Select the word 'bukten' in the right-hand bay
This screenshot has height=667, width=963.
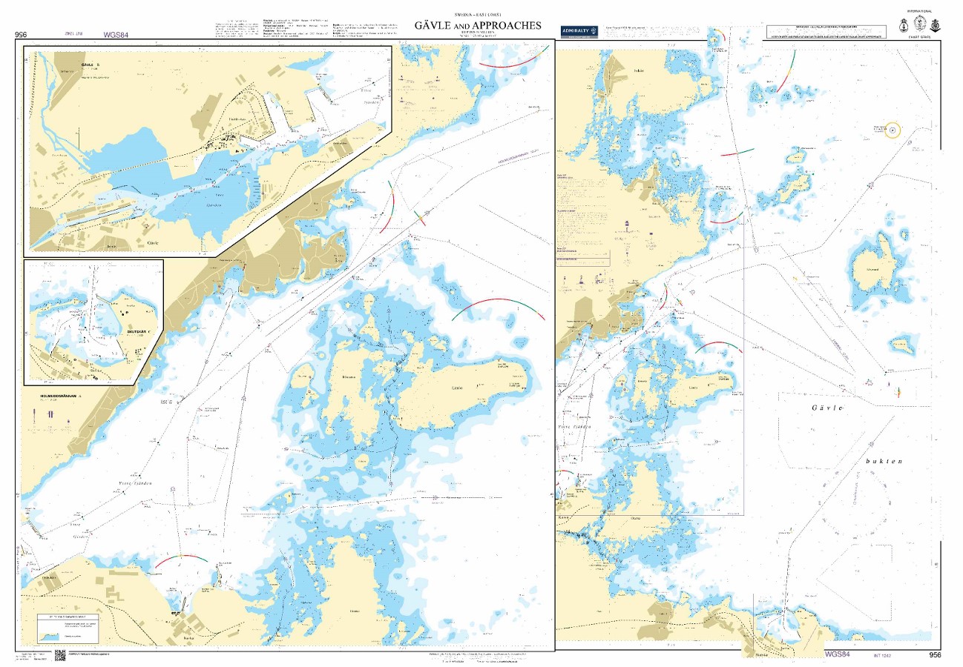tap(883, 461)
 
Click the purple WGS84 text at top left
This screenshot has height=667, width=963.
tap(116, 34)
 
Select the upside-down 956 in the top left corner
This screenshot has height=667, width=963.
tap(21, 34)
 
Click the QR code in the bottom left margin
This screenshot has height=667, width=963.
tap(60, 656)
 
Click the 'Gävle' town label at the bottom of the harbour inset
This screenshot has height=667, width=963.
tap(154, 242)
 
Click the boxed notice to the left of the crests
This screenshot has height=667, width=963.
tap(826, 33)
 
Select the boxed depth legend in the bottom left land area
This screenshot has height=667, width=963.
tap(68, 627)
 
